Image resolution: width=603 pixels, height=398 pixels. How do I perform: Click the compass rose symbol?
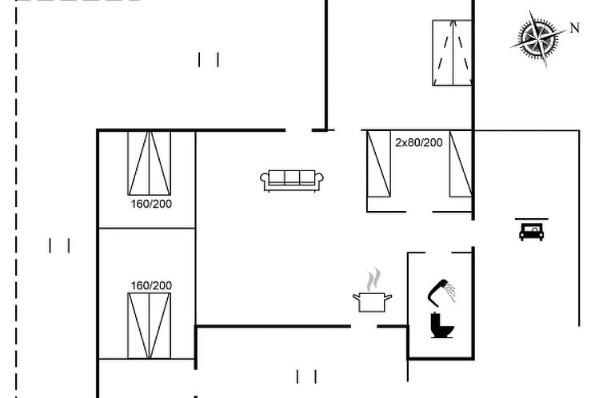tap(538, 38)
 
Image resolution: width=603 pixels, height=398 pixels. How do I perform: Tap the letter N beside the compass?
tap(574, 28)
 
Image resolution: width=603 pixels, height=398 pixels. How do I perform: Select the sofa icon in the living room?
tap(292, 181)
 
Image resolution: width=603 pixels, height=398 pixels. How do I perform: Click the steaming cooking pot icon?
tap(372, 290)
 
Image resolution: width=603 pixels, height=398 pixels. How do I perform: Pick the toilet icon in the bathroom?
tap(442, 325)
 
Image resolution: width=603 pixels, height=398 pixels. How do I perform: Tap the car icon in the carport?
tap(532, 233)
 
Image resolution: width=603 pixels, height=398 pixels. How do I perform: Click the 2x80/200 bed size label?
tap(419, 142)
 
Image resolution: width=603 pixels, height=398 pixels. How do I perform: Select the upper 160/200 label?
tap(151, 204)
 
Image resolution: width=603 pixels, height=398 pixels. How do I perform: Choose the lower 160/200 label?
tap(151, 286)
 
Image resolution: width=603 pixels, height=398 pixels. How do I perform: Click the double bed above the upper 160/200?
tap(150, 163)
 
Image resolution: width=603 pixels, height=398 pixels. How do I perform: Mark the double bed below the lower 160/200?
tap(150, 326)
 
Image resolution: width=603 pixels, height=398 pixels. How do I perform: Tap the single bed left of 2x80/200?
tap(379, 164)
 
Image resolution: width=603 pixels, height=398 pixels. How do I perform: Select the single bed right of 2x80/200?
tap(461, 164)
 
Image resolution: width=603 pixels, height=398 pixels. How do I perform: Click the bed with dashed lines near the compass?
tap(452, 53)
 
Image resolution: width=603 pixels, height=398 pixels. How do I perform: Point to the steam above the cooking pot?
tap(373, 279)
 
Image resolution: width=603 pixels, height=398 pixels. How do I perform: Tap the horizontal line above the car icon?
tap(532, 219)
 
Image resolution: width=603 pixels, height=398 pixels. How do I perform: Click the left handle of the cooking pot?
tap(356, 297)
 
